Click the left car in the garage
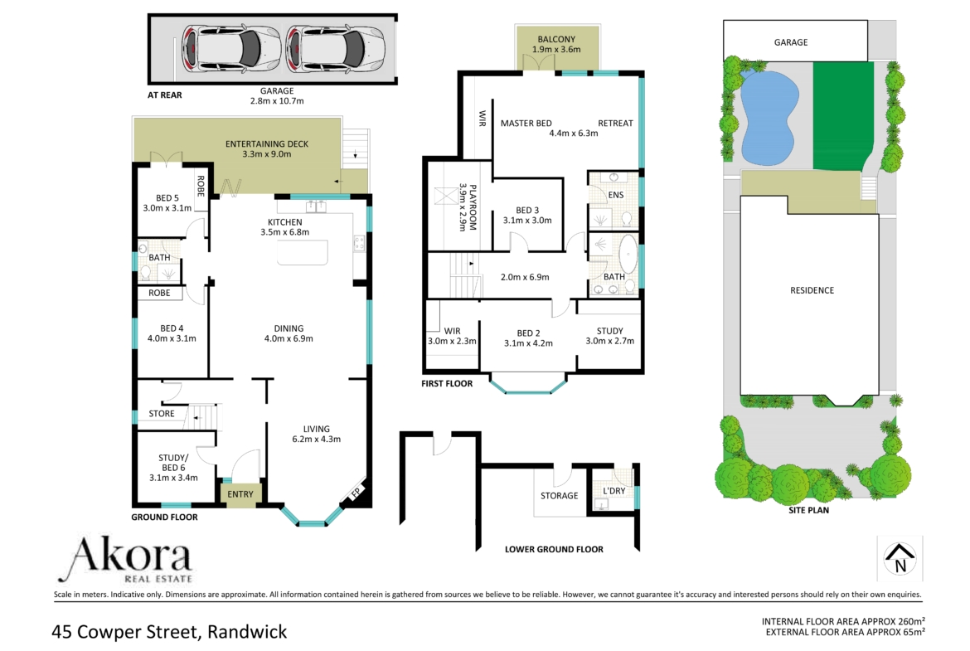pos(230,49)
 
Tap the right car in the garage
pos(335,49)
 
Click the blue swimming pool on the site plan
pos(769,117)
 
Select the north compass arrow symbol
pos(900,558)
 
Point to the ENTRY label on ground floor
pos(240,493)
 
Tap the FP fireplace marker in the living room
pos(356,493)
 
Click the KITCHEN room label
pos(284,222)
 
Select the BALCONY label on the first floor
pos(556,39)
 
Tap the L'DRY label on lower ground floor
pos(614,491)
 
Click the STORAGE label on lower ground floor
pos(560,496)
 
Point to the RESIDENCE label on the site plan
pos(812,290)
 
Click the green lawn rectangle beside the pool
pos(842,116)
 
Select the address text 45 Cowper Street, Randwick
pos(169,632)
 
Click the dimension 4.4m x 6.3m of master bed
pos(574,133)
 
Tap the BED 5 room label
pos(167,198)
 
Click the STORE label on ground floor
pos(162,413)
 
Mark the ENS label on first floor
pos(615,195)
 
